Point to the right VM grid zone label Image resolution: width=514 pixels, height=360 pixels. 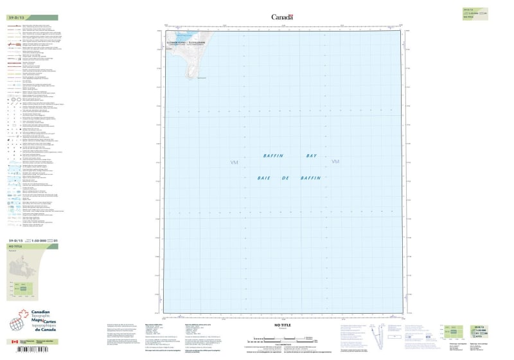[x=335, y=161]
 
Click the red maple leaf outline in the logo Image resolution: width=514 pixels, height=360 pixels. [x=23, y=317]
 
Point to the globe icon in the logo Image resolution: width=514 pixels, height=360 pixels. [x=15, y=325]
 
